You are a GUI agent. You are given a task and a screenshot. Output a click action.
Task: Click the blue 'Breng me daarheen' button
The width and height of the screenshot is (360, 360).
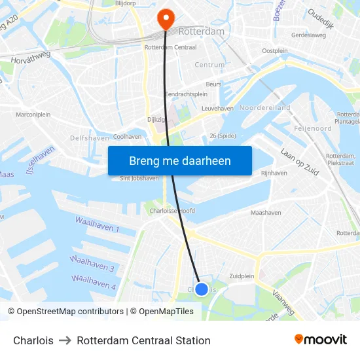179,160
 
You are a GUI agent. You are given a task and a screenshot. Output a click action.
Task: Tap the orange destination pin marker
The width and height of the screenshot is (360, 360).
166,18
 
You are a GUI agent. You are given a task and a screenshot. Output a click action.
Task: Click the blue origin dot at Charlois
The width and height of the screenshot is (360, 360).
202,289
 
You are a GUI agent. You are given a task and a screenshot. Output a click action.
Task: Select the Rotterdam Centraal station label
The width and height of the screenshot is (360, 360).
171,48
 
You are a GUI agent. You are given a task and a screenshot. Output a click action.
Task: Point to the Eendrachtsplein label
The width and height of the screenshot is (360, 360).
187,94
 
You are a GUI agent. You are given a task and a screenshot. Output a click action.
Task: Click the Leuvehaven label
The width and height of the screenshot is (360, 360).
217,108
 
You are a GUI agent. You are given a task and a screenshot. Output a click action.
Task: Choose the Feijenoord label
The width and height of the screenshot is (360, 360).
314,128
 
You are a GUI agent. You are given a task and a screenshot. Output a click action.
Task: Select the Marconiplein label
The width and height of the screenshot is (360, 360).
33,115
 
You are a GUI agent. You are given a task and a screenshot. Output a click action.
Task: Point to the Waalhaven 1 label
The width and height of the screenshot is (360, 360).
97,225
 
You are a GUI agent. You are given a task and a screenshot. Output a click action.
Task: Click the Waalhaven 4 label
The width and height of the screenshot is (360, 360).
94,282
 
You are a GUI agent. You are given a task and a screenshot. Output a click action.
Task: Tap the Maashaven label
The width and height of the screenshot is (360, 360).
266,213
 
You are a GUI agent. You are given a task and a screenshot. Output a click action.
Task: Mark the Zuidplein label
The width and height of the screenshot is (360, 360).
242,276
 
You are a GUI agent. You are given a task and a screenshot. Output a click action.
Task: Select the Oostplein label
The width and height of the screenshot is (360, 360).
274,50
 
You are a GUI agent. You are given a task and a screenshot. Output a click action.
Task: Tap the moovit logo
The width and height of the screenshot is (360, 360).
321,340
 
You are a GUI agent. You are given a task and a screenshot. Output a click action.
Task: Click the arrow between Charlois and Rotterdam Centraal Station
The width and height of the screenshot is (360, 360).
65,340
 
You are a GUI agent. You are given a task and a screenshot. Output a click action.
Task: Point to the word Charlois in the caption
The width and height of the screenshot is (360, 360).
33,340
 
